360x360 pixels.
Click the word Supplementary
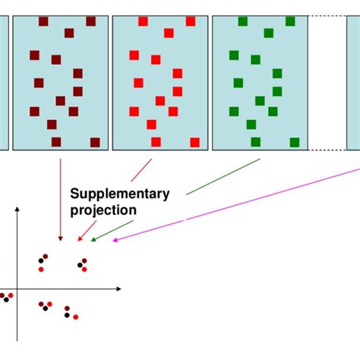click(120, 194)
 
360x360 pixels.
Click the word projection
click(103, 210)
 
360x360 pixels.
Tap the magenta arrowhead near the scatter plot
click(115, 241)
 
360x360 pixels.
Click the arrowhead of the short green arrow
click(93, 239)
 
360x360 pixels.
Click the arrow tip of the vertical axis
click(17, 210)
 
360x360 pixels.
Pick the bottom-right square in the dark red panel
click(95, 142)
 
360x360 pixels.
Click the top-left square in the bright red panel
click(143, 22)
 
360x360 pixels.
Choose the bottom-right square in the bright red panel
click(194, 142)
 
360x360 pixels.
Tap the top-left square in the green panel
click(243, 22)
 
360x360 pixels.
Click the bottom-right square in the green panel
click(295, 142)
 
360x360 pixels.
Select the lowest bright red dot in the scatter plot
click(76, 317)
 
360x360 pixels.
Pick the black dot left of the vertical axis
click(6, 298)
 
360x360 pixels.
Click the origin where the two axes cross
click(17, 289)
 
